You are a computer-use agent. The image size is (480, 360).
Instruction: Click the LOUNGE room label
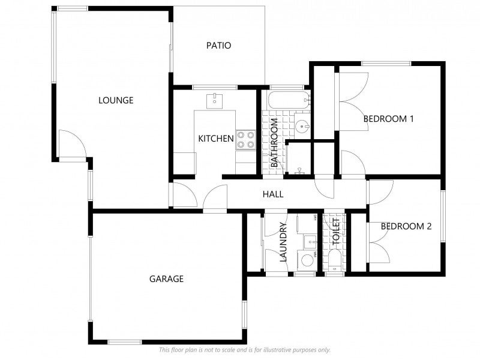(116, 100)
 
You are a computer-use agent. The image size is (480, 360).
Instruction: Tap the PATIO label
(218, 46)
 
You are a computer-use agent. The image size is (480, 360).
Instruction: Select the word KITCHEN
(216, 139)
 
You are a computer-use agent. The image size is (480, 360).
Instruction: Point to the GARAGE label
(166, 279)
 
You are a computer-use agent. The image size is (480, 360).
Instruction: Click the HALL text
(273, 194)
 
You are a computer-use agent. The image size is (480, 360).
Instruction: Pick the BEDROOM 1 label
(389, 119)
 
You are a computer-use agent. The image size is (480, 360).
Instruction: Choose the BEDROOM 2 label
(406, 226)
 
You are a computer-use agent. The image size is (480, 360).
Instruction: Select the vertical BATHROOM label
(274, 143)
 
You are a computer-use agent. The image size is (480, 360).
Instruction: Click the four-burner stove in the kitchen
(245, 140)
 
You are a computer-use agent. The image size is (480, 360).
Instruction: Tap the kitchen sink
(214, 100)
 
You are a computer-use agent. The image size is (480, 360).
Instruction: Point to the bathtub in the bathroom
(288, 101)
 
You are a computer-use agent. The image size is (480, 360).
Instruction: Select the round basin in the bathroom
(303, 126)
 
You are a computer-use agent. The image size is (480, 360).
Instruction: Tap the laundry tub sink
(310, 242)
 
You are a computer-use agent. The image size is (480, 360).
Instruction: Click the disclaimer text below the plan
(244, 350)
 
